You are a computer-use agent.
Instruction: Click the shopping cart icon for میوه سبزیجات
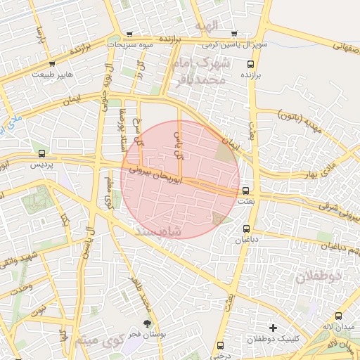(130, 34)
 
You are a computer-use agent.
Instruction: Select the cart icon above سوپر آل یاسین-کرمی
(233, 33)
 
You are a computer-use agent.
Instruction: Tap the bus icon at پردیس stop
(41, 153)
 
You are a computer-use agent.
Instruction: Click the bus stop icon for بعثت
(245, 191)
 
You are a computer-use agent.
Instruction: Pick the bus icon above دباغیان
(246, 229)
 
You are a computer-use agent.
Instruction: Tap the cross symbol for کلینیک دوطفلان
(273, 328)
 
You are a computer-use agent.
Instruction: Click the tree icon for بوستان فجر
(146, 323)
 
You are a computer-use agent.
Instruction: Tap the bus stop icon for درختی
(220, 345)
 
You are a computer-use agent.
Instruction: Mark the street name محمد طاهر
(144, 302)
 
